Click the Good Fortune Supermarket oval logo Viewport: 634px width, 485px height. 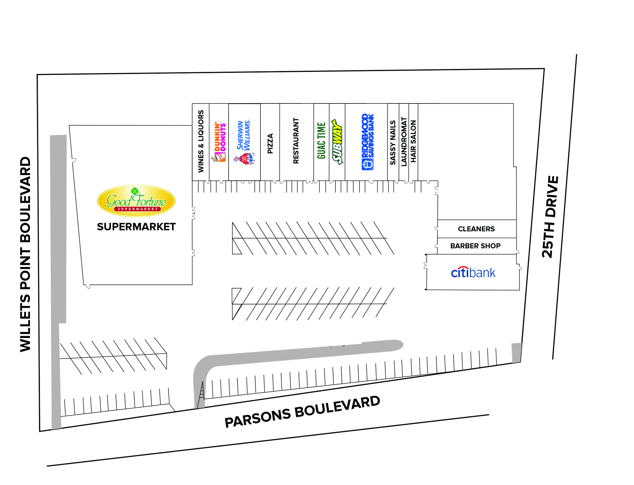pos(136,201)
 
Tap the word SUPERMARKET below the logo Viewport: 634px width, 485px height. pos(136,227)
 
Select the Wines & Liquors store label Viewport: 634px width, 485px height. pos(201,141)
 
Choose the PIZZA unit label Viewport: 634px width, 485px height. pos(270,144)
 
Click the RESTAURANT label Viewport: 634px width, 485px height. pos(296,141)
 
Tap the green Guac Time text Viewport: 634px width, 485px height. pos(321,141)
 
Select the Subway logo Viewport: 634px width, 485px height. pos(337,142)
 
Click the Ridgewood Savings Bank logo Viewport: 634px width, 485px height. pos(368,142)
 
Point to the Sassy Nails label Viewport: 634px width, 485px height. pos(393,143)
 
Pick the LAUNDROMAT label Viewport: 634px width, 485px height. pos(404,141)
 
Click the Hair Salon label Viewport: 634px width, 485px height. pos(413,141)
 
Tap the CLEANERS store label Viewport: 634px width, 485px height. pos(476,229)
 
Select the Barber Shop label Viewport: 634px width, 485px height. pos(476,246)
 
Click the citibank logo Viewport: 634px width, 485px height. pos(473,272)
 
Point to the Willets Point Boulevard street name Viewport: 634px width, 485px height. pos(25,254)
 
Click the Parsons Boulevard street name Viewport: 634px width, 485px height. pos(302,412)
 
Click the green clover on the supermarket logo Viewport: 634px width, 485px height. pos(135,191)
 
